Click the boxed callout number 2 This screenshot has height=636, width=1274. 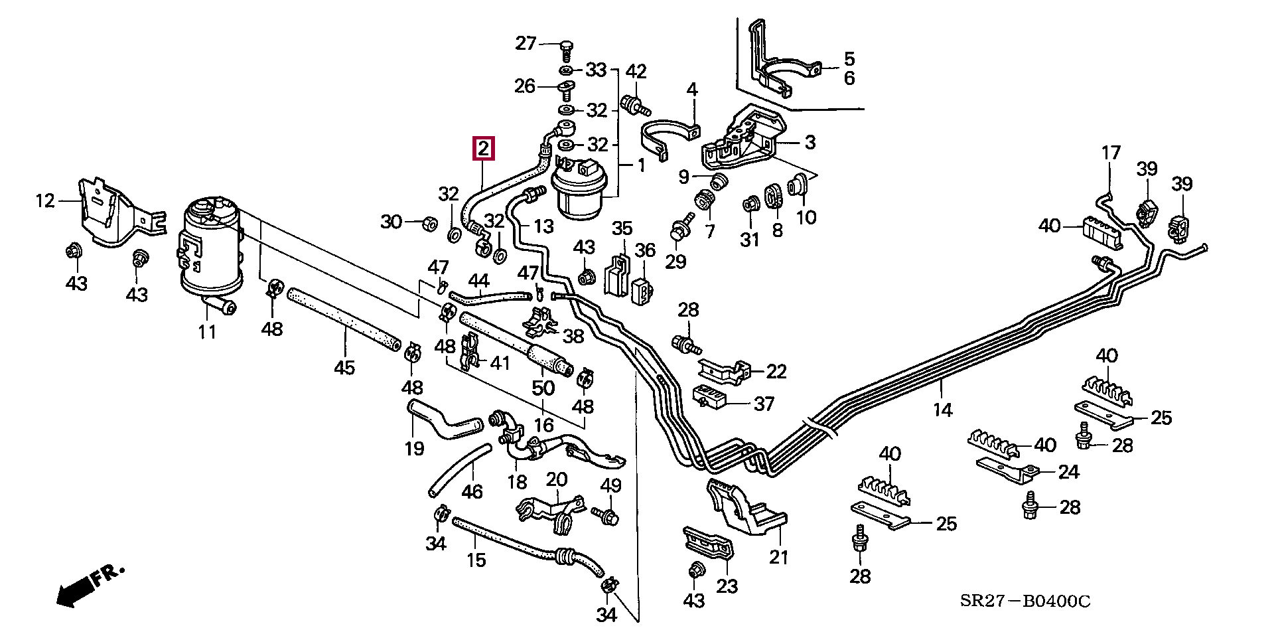483,149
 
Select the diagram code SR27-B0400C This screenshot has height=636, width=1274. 1025,601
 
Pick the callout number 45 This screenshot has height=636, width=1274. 344,366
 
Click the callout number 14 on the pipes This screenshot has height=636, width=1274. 942,410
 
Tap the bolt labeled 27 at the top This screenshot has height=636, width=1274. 566,46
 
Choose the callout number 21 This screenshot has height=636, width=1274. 778,556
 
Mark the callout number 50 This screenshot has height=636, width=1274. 543,387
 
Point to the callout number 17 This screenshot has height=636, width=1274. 1111,153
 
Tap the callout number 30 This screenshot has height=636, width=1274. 391,221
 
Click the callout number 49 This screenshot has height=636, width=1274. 610,485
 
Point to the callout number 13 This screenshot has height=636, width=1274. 543,226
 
